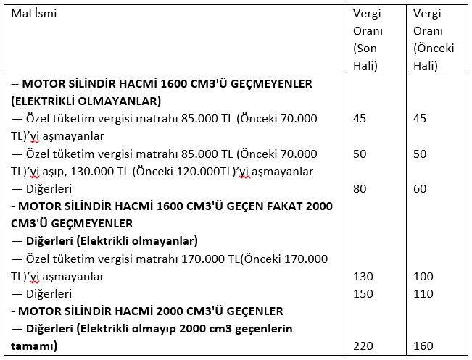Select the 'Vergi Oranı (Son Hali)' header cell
click(x=368, y=40)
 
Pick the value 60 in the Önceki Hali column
click(x=420, y=188)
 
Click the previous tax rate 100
click(x=423, y=277)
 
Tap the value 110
click(x=423, y=294)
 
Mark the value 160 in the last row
click(x=423, y=347)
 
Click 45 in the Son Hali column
click(x=360, y=118)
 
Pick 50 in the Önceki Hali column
click(x=420, y=154)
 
